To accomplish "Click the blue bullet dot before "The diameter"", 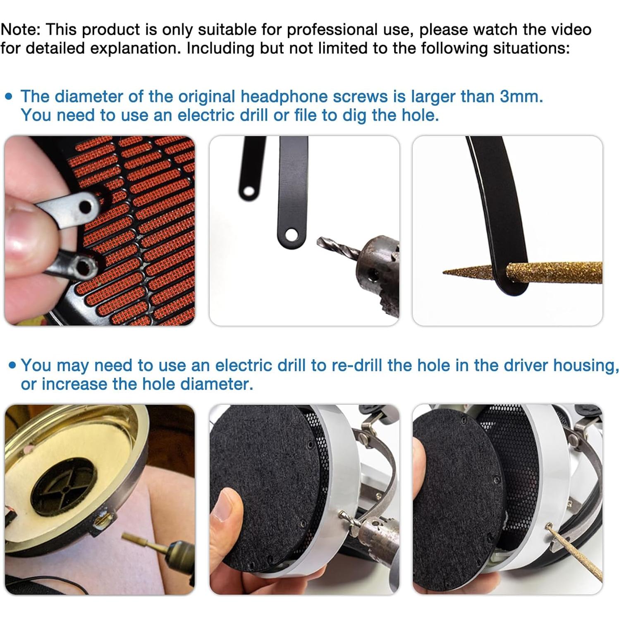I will (x=9, y=97).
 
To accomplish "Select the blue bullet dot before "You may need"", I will (x=12, y=365).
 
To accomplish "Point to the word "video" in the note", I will (x=569, y=30).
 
